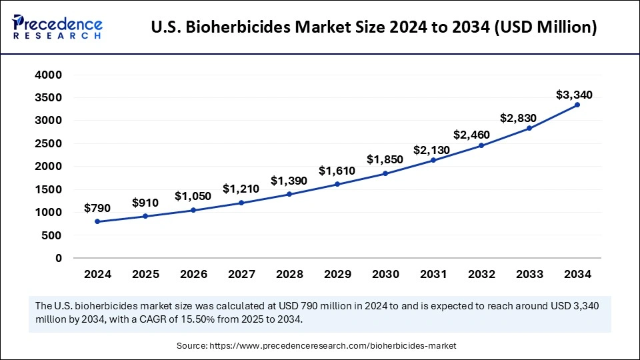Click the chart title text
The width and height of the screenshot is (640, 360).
click(x=374, y=28)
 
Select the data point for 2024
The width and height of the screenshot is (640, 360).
click(x=97, y=221)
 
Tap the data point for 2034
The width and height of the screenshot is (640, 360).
click(x=577, y=105)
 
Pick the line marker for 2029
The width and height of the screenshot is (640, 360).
click(x=337, y=184)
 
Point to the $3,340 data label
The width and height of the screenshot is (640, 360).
click(x=574, y=95)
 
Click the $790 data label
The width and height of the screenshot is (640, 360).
click(x=97, y=208)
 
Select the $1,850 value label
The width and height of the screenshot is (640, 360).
click(x=385, y=159)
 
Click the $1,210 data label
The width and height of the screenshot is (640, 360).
click(x=241, y=189)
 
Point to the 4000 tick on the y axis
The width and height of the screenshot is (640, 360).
click(x=48, y=75)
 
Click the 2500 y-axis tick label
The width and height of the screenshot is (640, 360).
click(x=48, y=143)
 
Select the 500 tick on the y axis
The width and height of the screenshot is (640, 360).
click(x=53, y=235)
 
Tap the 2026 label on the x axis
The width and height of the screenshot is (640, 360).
click(x=193, y=274)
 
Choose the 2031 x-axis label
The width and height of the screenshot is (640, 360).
click(x=433, y=274)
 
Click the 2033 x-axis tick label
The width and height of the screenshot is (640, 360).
click(x=529, y=274)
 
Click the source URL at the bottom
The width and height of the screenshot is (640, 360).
click(x=333, y=346)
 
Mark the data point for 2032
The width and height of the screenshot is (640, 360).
click(x=481, y=145)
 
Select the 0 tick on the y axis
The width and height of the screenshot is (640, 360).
click(x=59, y=258)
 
